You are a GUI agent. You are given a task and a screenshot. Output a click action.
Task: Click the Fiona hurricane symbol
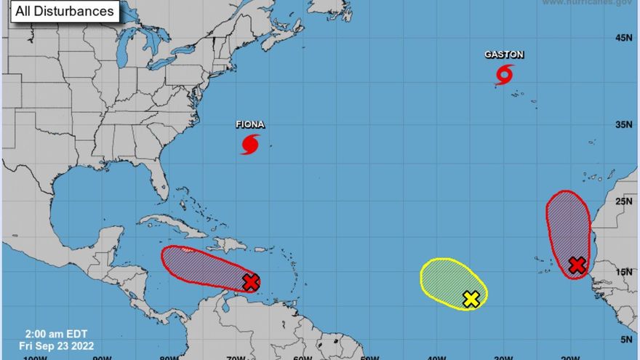[x=249, y=144]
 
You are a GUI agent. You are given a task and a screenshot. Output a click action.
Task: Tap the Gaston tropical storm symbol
[x=504, y=73]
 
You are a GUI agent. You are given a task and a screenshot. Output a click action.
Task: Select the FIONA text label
[x=249, y=124]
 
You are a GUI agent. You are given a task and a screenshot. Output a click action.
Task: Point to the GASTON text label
[x=504, y=55]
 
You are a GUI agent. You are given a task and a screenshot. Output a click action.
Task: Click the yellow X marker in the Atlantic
[x=471, y=298]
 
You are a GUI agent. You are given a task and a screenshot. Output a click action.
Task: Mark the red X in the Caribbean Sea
[x=251, y=282]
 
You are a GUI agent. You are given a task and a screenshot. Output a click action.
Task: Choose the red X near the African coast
[x=577, y=265]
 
